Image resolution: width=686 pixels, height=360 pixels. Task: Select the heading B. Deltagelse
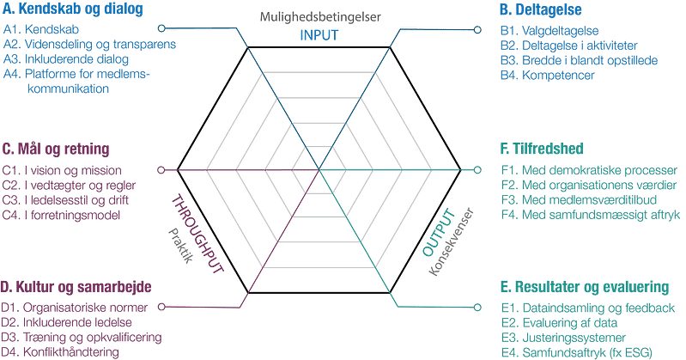[x=541, y=11]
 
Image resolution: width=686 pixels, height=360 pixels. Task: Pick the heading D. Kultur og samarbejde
[x=77, y=285]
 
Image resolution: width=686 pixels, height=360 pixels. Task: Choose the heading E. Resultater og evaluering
[x=592, y=286]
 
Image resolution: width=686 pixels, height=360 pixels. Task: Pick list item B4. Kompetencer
[x=547, y=75]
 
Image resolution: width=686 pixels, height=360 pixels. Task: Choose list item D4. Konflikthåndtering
[x=60, y=352]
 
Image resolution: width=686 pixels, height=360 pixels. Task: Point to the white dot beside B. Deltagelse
[x=478, y=30]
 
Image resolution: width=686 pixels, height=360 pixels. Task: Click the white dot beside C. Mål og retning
[x=161, y=168]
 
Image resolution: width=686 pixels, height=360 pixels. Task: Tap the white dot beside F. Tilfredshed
[x=478, y=168]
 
